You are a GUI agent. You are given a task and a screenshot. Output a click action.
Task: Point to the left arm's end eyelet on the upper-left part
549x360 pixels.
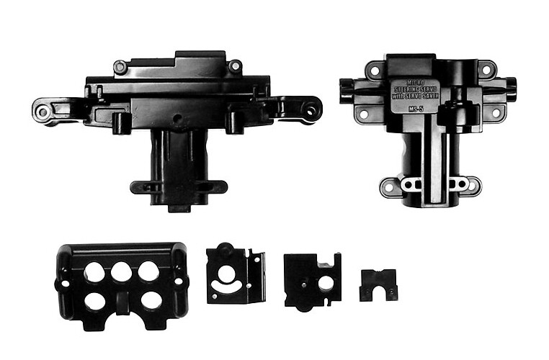click(x=43, y=112)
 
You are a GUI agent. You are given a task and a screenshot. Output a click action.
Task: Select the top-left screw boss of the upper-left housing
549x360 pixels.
click(x=120, y=67)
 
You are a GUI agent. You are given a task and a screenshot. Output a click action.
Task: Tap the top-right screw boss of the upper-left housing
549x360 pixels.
click(x=234, y=66)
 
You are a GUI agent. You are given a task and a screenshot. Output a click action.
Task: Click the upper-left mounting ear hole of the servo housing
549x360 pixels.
click(x=373, y=71)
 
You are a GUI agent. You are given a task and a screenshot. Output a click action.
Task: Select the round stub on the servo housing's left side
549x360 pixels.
click(x=345, y=91)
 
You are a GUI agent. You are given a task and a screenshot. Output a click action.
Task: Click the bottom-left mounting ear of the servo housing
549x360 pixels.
click(x=389, y=187)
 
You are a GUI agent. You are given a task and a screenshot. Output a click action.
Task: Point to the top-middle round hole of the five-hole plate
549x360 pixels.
click(x=121, y=271)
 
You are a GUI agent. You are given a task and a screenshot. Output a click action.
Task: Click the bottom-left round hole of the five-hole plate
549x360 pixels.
click(x=94, y=300)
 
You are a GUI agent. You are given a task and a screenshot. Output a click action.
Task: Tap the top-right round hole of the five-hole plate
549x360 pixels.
click(x=148, y=271)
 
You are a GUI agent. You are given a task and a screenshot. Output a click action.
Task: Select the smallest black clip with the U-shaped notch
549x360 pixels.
click(x=378, y=284)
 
